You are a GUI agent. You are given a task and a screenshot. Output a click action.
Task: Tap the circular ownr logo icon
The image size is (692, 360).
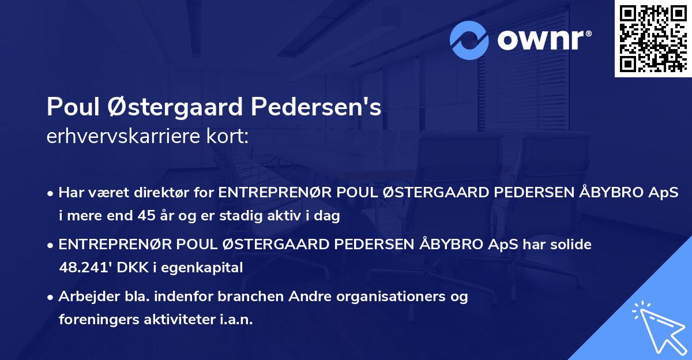click(x=470, y=40)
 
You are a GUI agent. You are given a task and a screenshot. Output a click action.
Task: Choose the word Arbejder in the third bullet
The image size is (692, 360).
click(x=84, y=296)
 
